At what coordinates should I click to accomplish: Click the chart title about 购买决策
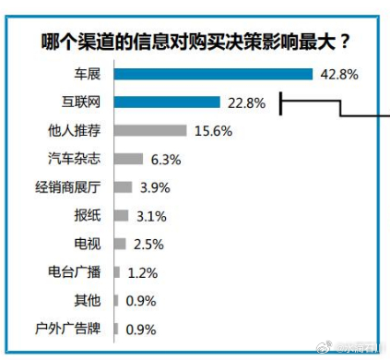196,42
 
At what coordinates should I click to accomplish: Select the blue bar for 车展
213,74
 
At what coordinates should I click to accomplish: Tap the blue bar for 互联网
167,102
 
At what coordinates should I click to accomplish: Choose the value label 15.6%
213,132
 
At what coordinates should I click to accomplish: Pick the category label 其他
90,301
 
